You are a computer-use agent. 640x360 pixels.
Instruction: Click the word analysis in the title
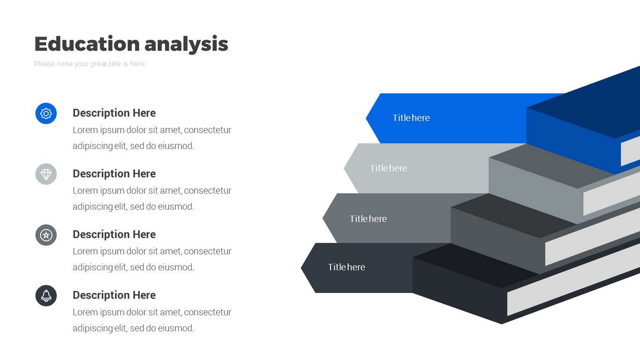click(186, 44)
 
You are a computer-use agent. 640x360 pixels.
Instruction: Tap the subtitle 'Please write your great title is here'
click(89, 64)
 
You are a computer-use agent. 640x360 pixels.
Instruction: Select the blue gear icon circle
click(46, 113)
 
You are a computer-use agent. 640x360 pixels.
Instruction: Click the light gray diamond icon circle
click(46, 174)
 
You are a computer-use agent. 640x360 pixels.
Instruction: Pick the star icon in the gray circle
click(46, 235)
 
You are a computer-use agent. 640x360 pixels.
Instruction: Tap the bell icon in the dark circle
click(46, 296)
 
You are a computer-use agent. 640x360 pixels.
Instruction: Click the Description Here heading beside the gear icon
click(114, 113)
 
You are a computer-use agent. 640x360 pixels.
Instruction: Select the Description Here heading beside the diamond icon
click(114, 174)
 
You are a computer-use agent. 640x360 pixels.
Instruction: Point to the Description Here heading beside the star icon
click(114, 234)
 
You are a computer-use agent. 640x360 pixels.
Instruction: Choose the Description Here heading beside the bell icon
click(114, 295)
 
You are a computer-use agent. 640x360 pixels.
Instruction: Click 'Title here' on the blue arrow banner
click(411, 118)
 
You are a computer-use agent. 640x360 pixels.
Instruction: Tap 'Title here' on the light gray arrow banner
click(388, 168)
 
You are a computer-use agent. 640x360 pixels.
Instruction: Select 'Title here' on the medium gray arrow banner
click(368, 219)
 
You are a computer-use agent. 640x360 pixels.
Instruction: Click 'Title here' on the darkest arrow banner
click(346, 267)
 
